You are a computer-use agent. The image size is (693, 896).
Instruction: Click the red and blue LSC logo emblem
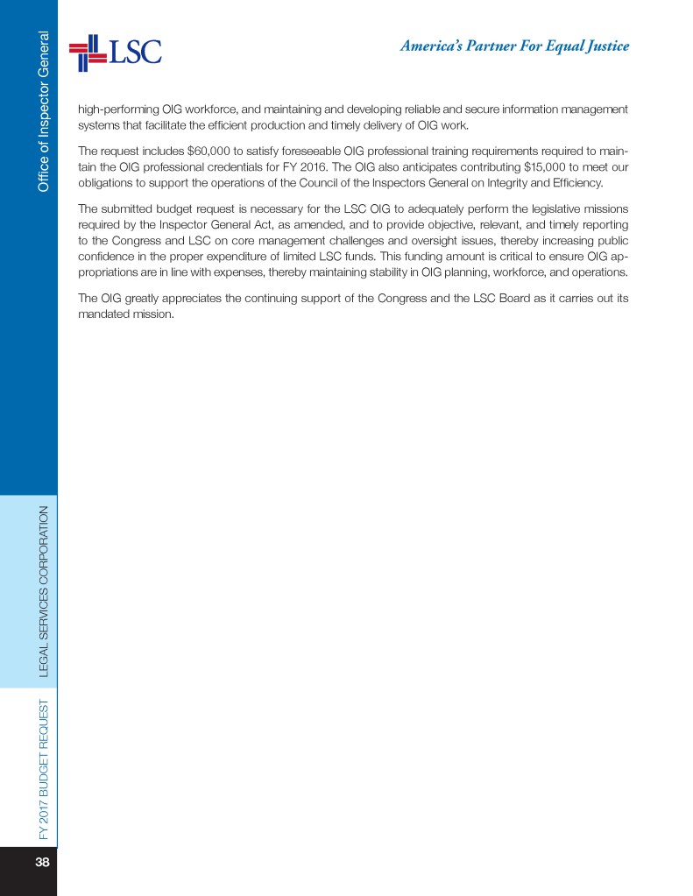[87, 52]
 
